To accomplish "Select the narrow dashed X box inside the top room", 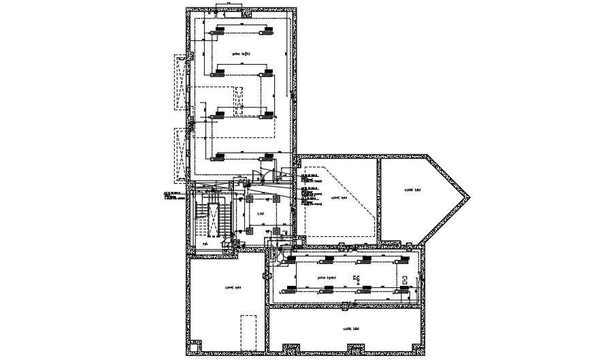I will pyautogui.click(x=239, y=101).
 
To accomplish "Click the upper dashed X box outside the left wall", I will pyautogui.click(x=180, y=82).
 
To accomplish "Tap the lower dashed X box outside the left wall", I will pyautogui.click(x=180, y=155).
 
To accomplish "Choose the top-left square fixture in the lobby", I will pyautogui.click(x=248, y=199).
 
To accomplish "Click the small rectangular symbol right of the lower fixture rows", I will pyautogui.click(x=405, y=280).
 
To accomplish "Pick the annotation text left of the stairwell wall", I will pyautogui.click(x=174, y=196).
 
